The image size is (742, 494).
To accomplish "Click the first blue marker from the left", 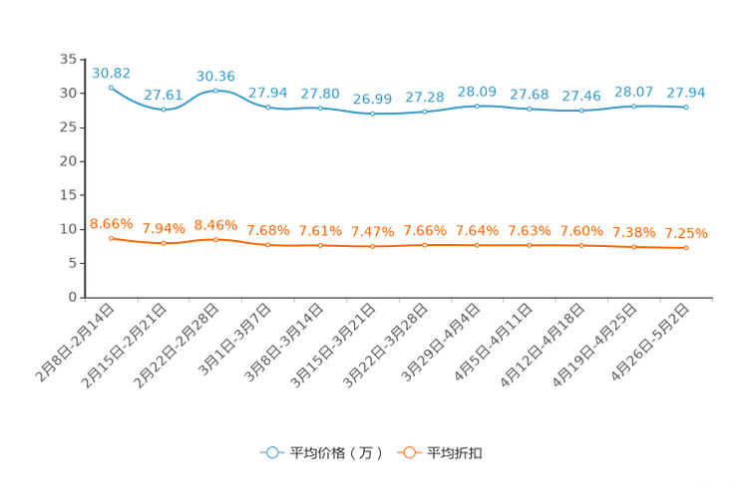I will (x=111, y=87).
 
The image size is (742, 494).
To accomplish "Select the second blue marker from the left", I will (x=164, y=109).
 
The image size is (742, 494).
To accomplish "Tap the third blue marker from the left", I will (x=215, y=91).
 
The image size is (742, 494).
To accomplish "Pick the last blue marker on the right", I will (x=686, y=106).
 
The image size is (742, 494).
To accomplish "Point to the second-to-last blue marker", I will (x=633, y=105).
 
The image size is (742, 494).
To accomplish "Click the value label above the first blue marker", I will (x=111, y=72).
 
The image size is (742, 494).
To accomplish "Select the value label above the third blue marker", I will (x=215, y=76).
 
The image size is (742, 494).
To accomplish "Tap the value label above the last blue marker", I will (x=686, y=92).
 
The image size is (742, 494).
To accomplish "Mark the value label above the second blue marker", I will (x=162, y=95).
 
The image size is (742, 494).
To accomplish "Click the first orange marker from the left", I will (x=111, y=237).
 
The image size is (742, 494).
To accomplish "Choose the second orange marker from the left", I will (x=164, y=242).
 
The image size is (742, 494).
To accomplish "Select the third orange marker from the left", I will (x=215, y=238).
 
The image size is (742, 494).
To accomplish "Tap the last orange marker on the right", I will (x=686, y=248).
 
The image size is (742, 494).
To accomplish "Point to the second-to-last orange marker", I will (x=633, y=247).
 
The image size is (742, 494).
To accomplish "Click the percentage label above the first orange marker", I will (x=111, y=222).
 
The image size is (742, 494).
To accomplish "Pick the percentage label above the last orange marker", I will (x=686, y=233).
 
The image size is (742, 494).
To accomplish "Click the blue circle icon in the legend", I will (x=271, y=452).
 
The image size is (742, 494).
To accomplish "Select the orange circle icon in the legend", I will (x=408, y=452).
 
